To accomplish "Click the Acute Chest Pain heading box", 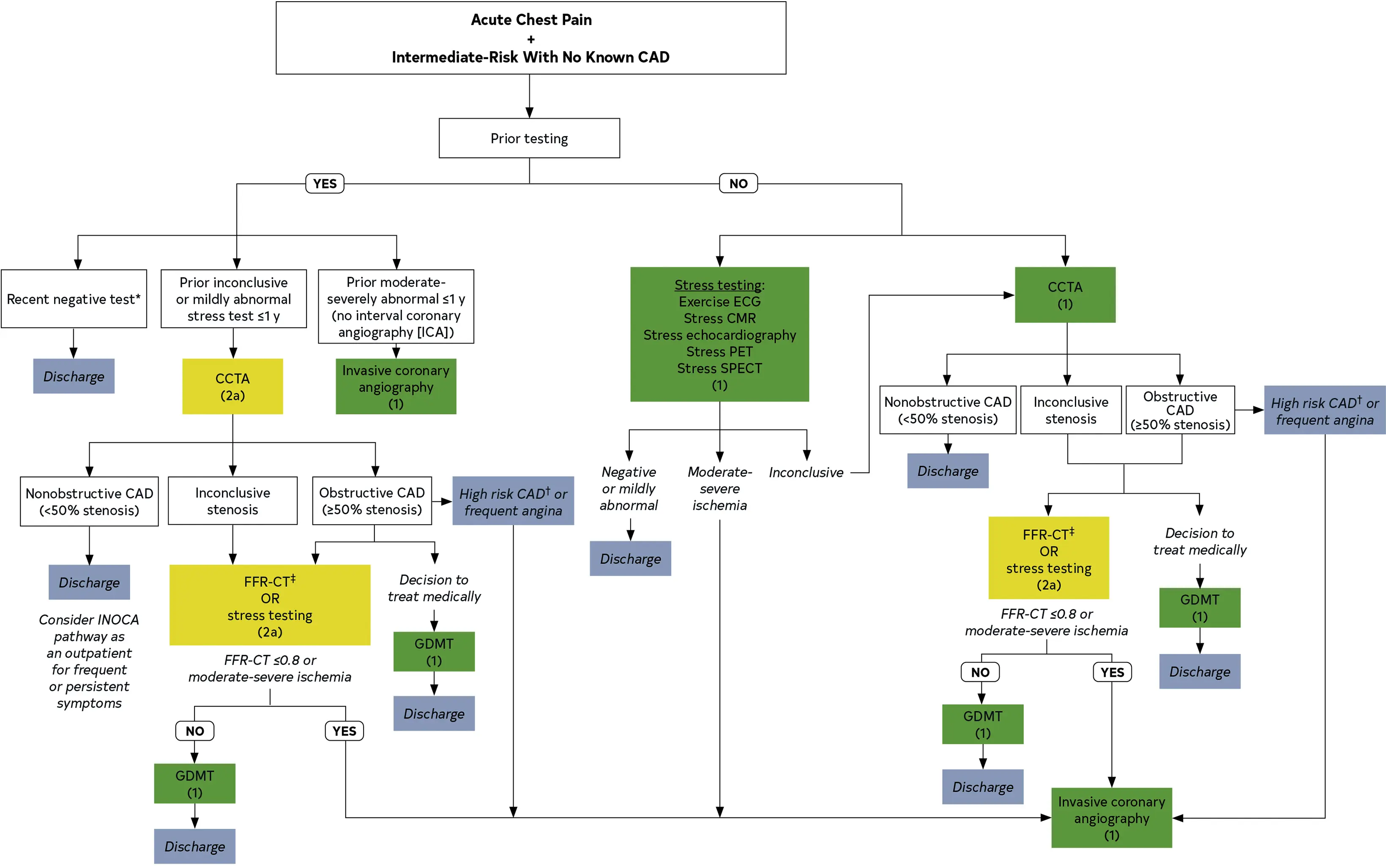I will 530,38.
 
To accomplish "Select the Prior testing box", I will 529,138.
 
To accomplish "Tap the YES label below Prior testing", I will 325,184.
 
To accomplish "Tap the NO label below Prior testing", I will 738,184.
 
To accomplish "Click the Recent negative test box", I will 74,299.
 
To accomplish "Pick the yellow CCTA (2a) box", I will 232,387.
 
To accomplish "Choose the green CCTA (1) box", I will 1065,295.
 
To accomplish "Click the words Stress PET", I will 720,351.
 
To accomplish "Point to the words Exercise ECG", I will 720,302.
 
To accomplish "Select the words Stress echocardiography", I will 720,335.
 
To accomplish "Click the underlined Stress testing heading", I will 719,285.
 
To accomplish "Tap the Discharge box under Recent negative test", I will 74,376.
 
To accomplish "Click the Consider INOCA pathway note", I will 89,661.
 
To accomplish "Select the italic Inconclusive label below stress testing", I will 806,473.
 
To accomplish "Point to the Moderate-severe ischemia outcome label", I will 720,489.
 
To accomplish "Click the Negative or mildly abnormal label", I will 629,489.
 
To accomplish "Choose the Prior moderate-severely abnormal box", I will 396,307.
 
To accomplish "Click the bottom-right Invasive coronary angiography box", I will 1111,818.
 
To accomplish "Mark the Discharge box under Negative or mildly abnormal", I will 630,558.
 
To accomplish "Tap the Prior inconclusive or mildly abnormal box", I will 234,299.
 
